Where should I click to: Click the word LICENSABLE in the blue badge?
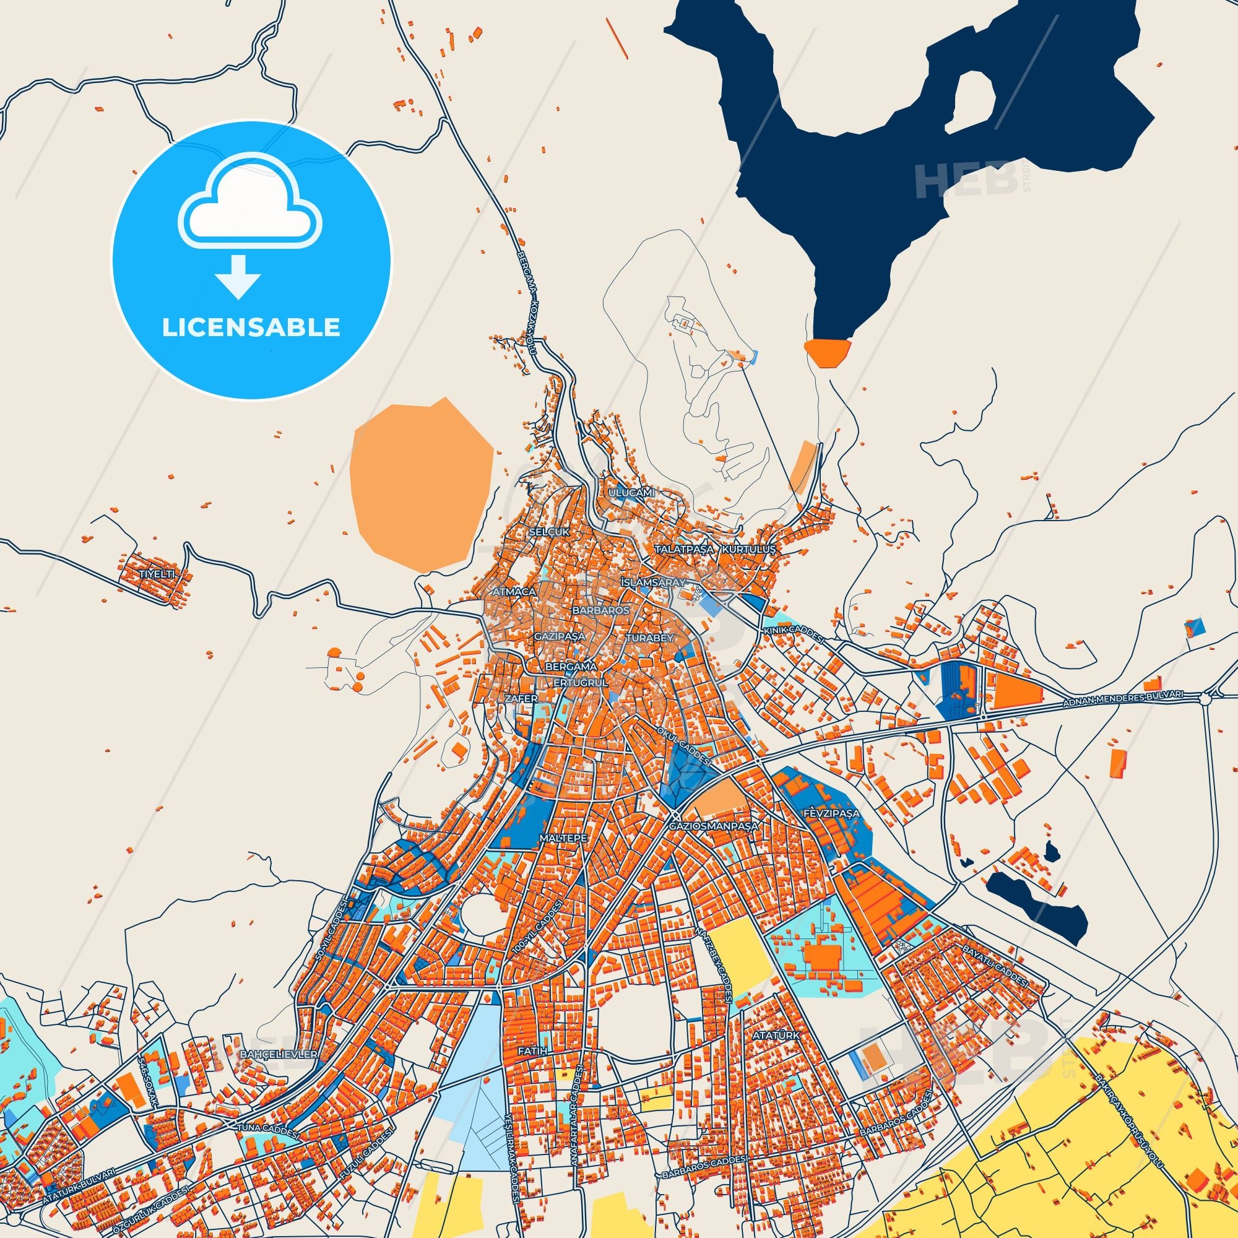[x=251, y=327]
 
